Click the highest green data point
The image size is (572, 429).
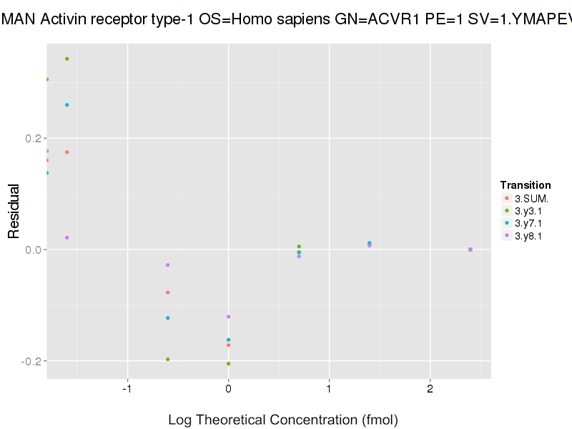point(66,59)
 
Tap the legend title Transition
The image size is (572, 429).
point(526,185)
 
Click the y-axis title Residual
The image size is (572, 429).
point(14,211)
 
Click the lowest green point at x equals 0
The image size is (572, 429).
point(228,363)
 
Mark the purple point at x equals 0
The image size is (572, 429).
point(228,317)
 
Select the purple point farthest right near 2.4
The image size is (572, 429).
point(470,250)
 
